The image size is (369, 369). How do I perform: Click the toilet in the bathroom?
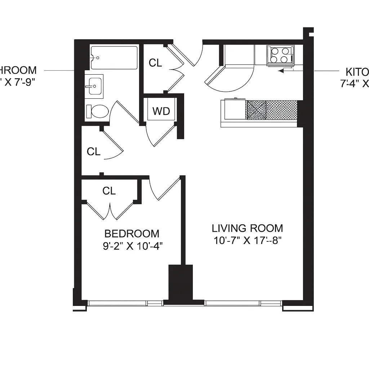[97, 111]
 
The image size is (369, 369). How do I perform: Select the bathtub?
[114, 57]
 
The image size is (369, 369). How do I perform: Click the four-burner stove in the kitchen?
[280, 55]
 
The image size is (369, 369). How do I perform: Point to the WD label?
[161, 111]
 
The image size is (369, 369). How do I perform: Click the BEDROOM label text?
[132, 234]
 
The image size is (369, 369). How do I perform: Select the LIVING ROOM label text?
[247, 228]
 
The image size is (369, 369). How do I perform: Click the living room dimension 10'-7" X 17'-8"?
[247, 240]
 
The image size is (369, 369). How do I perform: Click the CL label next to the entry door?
[155, 63]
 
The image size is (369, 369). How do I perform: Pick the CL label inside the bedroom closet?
[109, 191]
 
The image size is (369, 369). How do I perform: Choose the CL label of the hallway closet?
[93, 152]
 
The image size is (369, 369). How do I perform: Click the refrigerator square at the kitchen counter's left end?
[235, 110]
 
